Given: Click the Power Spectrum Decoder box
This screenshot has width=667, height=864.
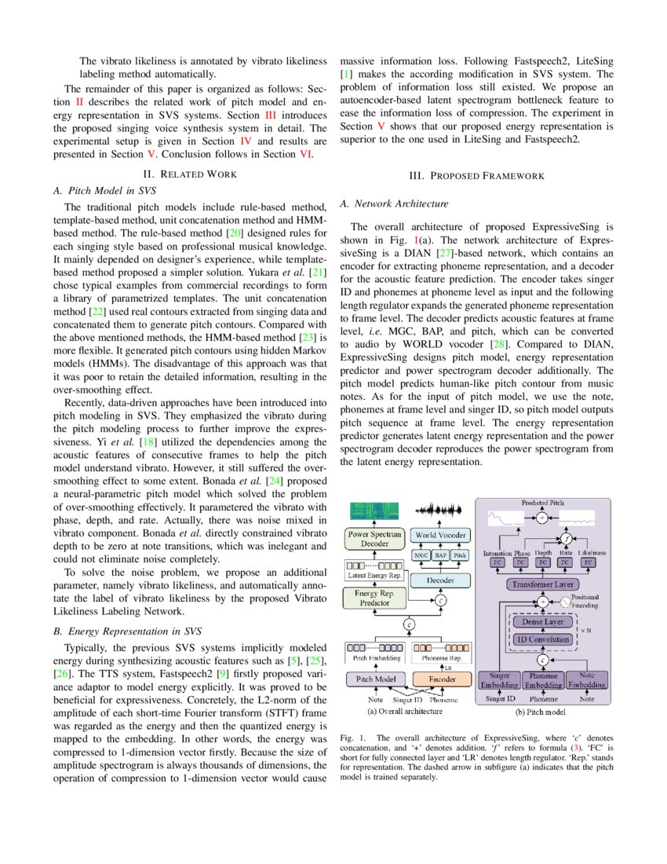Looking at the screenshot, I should pos(375,539).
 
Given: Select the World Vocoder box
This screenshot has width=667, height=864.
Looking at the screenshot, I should pos(440,535).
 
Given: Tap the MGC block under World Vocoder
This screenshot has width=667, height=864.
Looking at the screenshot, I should pos(421,555).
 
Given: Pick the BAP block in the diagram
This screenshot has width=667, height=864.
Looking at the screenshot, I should pos(440,555).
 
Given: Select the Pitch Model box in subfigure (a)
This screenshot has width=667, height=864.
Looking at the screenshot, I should pos(376,679).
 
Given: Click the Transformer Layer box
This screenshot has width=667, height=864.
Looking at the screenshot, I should pos(543,584).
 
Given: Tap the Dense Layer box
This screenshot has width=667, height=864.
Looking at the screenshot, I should pos(543,623).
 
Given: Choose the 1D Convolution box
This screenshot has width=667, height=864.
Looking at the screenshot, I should pos(543,639).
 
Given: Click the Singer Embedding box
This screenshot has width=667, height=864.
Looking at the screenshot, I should pos(500,680).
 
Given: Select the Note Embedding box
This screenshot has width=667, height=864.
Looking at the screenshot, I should pos(586,680).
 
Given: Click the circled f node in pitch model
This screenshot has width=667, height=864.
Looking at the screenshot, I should pos(564,540).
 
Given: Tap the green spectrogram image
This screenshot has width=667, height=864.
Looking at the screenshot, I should pos(374,511).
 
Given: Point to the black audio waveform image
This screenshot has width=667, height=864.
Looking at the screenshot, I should pos(440,511).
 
